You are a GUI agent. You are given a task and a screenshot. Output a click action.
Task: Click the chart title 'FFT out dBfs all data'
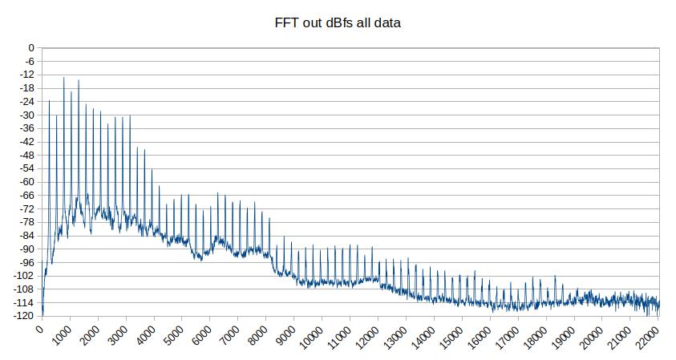click(x=338, y=23)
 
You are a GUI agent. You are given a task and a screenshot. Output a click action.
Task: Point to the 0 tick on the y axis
click(x=31, y=48)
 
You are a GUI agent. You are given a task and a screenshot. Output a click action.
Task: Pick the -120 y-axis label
click(x=25, y=316)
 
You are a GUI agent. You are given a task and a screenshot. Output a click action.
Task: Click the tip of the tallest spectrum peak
click(x=64, y=78)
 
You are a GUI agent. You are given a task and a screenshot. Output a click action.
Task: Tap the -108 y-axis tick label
click(x=25, y=289)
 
